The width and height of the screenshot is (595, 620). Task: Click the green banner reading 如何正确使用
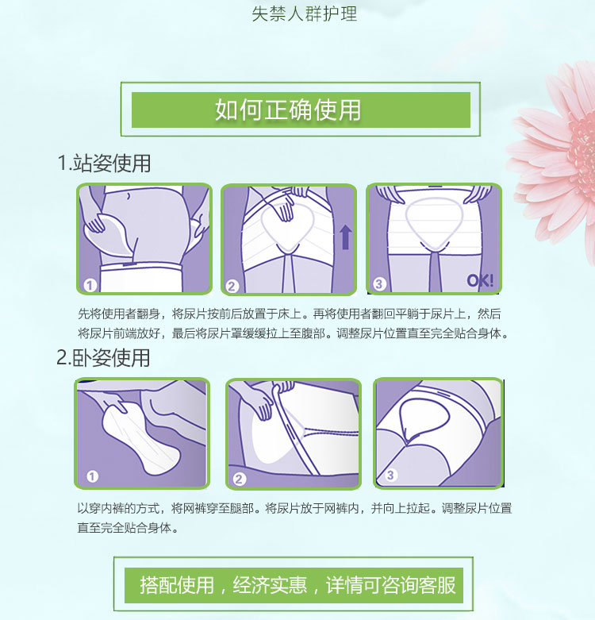[x=301, y=110]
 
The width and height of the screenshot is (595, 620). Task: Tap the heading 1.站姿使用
[x=104, y=163]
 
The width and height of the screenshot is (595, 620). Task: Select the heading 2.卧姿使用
[x=103, y=358]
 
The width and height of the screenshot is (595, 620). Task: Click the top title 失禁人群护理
[x=304, y=13]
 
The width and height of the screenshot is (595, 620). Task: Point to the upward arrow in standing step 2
[x=346, y=237]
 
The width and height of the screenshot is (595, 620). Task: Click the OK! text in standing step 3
[x=480, y=281]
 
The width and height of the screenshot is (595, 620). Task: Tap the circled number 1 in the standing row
[x=90, y=285]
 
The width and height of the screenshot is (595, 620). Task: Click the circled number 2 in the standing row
[x=232, y=286]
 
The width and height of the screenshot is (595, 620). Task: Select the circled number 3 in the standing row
[x=379, y=283]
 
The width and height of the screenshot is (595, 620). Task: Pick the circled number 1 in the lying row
[x=93, y=476]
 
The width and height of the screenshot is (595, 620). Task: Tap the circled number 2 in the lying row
[x=239, y=479]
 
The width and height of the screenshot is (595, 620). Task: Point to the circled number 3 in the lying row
[x=390, y=475]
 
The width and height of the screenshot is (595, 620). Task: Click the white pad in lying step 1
[x=140, y=438]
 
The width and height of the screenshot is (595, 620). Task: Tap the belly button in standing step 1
[x=129, y=196]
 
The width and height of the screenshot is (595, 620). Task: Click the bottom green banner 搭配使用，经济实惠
[x=294, y=585]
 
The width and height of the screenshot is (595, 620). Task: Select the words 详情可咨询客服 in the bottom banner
[x=390, y=585]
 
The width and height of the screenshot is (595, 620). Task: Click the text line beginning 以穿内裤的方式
[x=294, y=508]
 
